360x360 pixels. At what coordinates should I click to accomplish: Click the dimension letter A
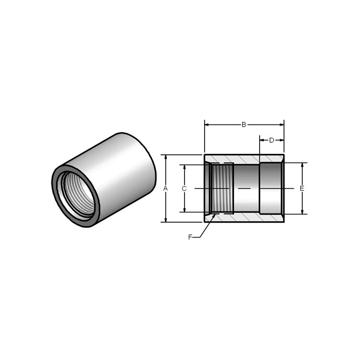pos(166,189)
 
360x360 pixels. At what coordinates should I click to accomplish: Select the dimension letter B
pos(244,124)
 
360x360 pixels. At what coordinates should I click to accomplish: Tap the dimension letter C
pos(184,189)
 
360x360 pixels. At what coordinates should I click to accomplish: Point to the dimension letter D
pos(272,140)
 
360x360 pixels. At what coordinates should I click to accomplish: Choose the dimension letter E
pos(302,189)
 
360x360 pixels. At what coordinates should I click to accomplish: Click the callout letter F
pos(190,237)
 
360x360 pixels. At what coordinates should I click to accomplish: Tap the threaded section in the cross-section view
pos(222,189)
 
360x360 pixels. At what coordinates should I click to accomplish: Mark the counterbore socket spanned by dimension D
pos(271,189)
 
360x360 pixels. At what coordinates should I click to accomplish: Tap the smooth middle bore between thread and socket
pos(246,189)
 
